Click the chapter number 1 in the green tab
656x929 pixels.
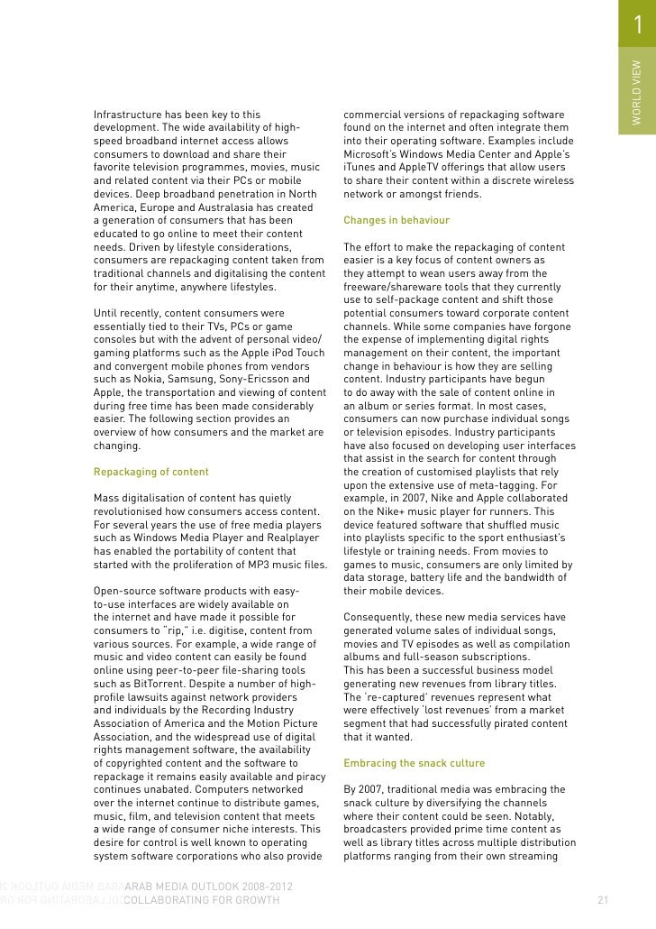[637, 28]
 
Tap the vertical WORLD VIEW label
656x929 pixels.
[636, 91]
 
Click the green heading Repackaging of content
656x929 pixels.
[150, 472]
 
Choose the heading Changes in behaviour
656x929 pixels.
[396, 220]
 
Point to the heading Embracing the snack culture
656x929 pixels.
[414, 763]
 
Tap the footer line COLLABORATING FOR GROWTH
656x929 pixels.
[202, 900]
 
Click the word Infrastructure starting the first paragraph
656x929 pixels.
[130, 115]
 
